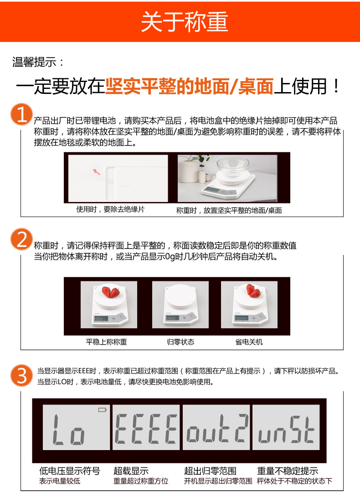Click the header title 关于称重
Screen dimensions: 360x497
[185, 21]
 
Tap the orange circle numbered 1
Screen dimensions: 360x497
[21, 114]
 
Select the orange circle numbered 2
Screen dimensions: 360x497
[21, 239]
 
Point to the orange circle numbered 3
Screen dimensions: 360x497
[21, 375]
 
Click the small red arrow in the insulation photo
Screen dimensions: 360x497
[96, 172]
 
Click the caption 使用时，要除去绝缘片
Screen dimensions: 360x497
[110, 209]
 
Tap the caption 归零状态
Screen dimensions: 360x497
[180, 342]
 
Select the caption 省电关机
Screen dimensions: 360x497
[249, 342]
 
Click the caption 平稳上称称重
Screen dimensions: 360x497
[106, 342]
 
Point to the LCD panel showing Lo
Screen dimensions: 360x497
[77, 427]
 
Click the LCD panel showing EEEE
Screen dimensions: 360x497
[146, 427]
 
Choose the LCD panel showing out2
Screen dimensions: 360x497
[216, 427]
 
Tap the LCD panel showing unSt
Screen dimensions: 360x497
[286, 427]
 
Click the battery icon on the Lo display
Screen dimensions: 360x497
[102, 410]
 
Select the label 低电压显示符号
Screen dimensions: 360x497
[70, 471]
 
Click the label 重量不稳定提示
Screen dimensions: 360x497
[288, 471]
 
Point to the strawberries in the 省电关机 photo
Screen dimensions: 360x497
[253, 290]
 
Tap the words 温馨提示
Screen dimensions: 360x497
[34, 62]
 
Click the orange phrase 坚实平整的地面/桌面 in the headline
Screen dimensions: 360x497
[189, 86]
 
